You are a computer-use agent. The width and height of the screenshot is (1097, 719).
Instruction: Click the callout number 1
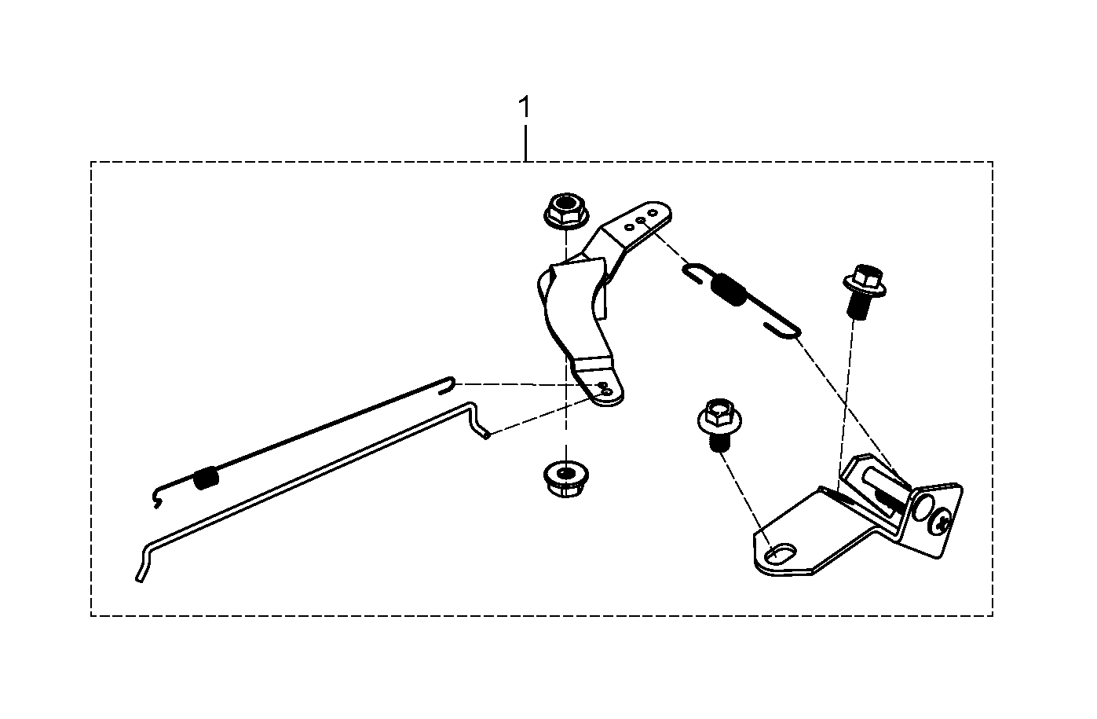pyautogui.click(x=525, y=107)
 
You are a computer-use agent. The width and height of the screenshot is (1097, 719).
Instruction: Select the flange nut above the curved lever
pyautogui.click(x=566, y=211)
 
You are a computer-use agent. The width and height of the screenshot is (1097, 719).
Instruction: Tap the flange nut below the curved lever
pyautogui.click(x=566, y=479)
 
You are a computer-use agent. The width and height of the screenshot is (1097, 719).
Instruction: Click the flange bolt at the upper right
pyautogui.click(x=864, y=292)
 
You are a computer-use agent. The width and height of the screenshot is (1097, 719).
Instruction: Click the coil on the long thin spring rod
pyautogui.click(x=206, y=479)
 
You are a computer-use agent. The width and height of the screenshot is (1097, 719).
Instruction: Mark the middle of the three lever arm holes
pyautogui.click(x=641, y=221)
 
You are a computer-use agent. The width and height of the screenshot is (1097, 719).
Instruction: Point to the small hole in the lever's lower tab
pyautogui.click(x=606, y=391)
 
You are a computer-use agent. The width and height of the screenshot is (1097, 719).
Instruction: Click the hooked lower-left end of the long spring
pyautogui.click(x=157, y=498)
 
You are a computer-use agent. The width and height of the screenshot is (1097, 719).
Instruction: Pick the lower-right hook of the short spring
pyautogui.click(x=784, y=329)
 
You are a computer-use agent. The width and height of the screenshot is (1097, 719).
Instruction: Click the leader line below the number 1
pyautogui.click(x=525, y=143)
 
